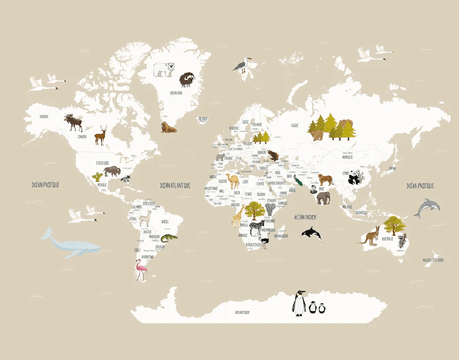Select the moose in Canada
(x=74, y=122)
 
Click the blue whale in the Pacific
(x=68, y=244)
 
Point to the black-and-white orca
(x=312, y=233)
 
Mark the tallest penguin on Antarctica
(x=298, y=303)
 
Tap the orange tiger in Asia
(x=326, y=179)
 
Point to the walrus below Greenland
(x=168, y=127)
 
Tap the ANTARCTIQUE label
(x=243, y=313)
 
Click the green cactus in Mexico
(x=97, y=177)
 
